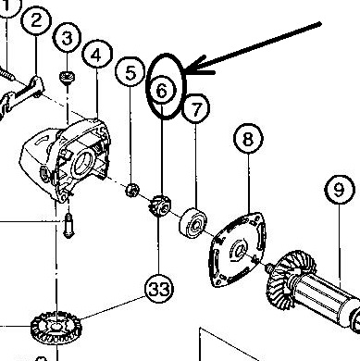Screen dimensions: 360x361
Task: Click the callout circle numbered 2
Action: [x=36, y=20]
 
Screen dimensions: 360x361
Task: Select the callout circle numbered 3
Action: [x=67, y=38]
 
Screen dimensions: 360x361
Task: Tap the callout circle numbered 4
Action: [x=97, y=55]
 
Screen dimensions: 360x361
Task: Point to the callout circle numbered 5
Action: [x=130, y=72]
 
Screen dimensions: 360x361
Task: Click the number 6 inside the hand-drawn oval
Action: [x=161, y=91]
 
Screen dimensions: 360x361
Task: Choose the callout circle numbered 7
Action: [x=196, y=108]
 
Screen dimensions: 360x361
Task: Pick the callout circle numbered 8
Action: [x=248, y=139]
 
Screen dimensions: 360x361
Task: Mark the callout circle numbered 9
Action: [x=339, y=190]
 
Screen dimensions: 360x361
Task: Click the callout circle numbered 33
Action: [x=159, y=289]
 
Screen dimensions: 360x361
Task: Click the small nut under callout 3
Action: [x=67, y=78]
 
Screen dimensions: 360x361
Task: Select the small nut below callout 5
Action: [x=132, y=190]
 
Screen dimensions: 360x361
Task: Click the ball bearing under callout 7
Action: [x=192, y=223]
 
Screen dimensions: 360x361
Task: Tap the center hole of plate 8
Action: [x=239, y=249]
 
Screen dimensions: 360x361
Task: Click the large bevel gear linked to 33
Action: [x=56, y=328]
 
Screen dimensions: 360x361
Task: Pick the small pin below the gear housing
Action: [x=68, y=226]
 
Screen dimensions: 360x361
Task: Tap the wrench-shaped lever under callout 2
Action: [x=20, y=95]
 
